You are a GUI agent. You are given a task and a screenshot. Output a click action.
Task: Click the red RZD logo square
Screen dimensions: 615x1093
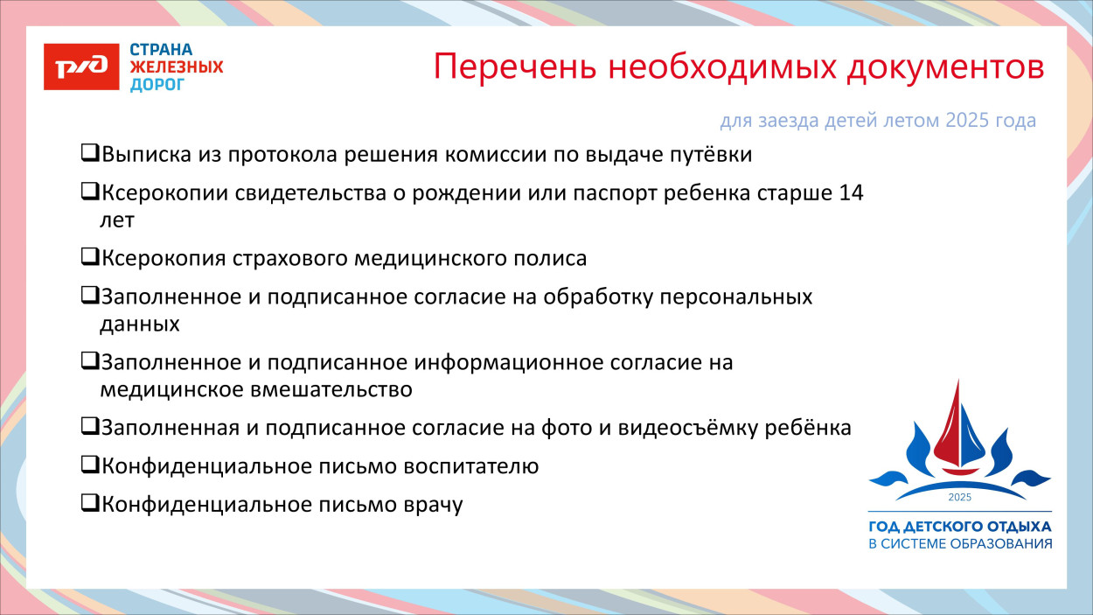[81, 66]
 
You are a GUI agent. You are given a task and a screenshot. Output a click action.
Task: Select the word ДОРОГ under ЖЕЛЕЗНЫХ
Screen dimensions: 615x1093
[157, 85]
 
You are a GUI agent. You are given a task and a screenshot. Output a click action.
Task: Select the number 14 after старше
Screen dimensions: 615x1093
[850, 193]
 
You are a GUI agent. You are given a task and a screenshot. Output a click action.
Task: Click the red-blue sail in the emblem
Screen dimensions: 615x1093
[959, 424]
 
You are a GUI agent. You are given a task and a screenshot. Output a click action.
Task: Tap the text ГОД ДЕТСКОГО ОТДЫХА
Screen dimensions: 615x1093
[959, 528]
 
